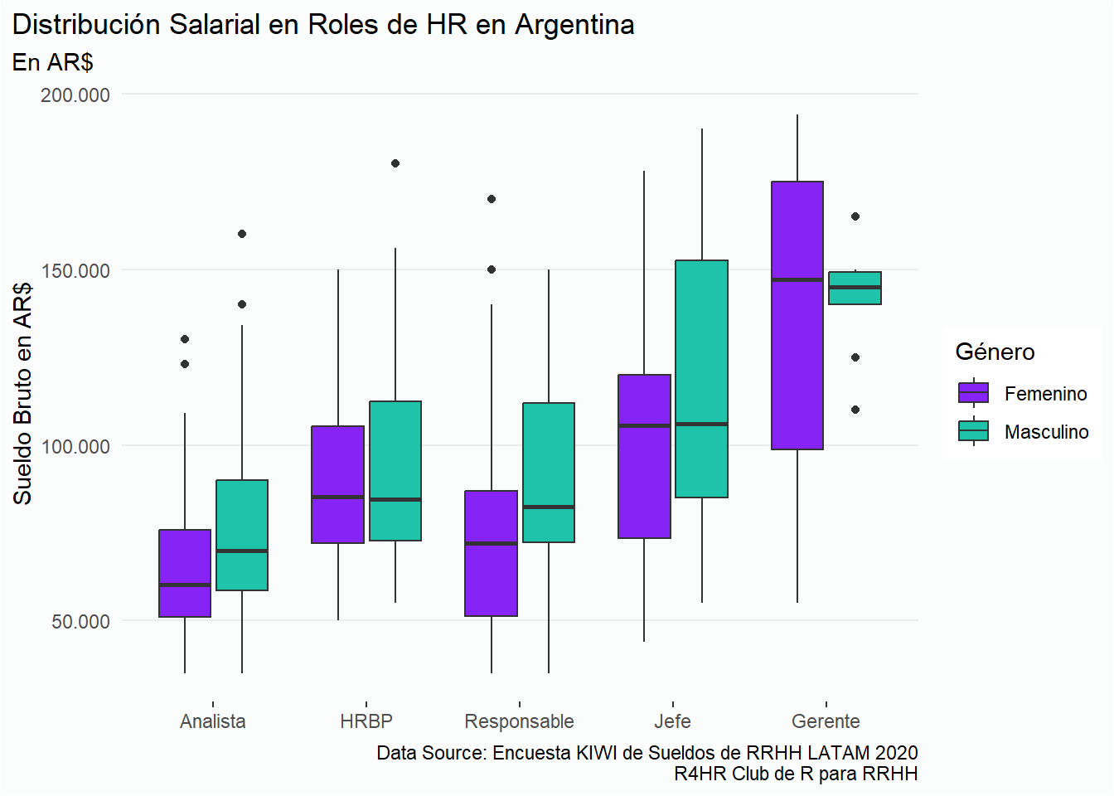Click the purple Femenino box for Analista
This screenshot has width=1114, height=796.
pyautogui.click(x=185, y=573)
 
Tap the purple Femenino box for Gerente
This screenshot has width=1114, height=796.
pyautogui.click(x=797, y=315)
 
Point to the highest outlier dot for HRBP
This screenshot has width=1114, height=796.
pyautogui.click(x=395, y=163)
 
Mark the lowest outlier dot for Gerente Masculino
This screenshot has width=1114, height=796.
pyautogui.click(x=855, y=410)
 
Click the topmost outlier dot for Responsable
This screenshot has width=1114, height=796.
pyautogui.click(x=492, y=199)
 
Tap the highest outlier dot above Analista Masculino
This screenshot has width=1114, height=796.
pyautogui.click(x=242, y=234)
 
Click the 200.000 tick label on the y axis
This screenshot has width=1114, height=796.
pyautogui.click(x=75, y=95)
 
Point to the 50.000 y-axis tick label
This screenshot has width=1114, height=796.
pyautogui.click(x=80, y=622)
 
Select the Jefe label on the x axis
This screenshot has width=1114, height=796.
pyautogui.click(x=672, y=721)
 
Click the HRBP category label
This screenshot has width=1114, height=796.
pyautogui.click(x=366, y=721)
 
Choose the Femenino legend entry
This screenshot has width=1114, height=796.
pyautogui.click(x=1045, y=394)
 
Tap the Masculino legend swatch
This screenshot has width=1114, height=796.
pyautogui.click(x=973, y=431)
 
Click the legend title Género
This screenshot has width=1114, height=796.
pyautogui.click(x=995, y=352)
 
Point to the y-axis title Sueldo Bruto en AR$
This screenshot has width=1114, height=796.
pyautogui.click(x=22, y=393)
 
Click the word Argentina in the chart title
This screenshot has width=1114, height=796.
pyautogui.click(x=574, y=25)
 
